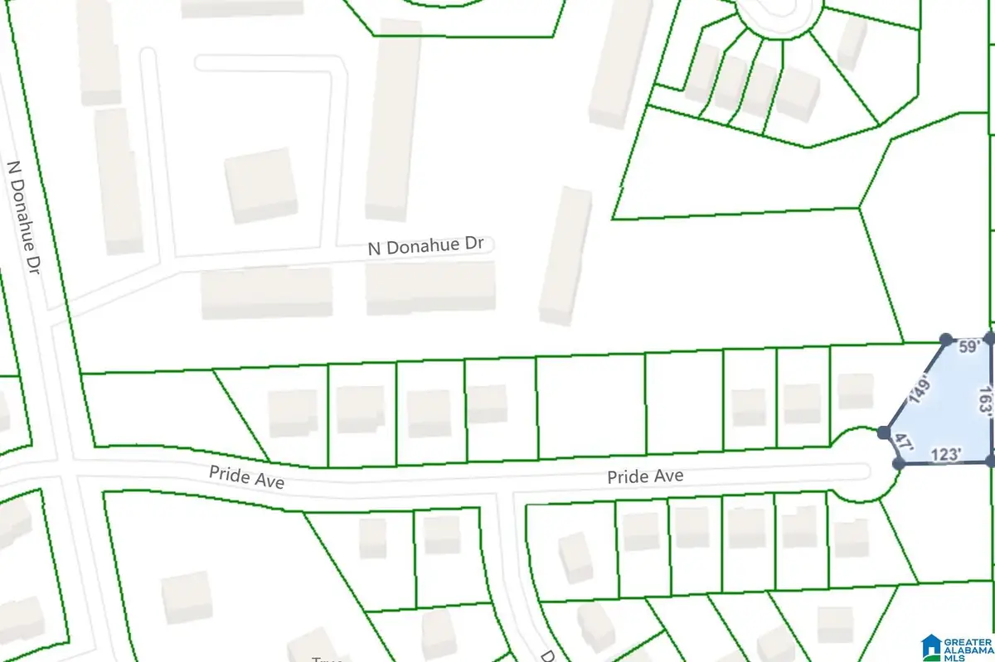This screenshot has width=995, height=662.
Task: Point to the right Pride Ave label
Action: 645,476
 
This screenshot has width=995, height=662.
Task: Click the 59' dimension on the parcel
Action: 969,348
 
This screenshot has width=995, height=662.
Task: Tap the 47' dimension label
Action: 896,443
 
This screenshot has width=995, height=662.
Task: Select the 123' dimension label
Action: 945,454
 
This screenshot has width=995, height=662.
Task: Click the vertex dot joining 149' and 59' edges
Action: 945,340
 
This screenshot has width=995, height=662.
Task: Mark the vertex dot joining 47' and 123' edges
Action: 899,463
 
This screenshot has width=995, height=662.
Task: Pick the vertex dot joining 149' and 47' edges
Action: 884,433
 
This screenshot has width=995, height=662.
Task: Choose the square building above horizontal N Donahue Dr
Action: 261,185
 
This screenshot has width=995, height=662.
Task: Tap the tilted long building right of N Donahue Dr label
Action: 565,254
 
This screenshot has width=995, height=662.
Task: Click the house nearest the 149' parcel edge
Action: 855,391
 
